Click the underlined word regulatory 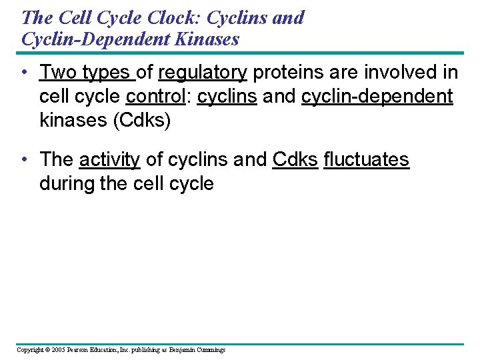(x=203, y=72)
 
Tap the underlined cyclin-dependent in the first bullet (x=377, y=97)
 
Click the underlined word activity (x=109, y=160)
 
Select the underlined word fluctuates (x=366, y=160)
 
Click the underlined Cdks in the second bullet (x=295, y=160)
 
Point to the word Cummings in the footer (x=210, y=350)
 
